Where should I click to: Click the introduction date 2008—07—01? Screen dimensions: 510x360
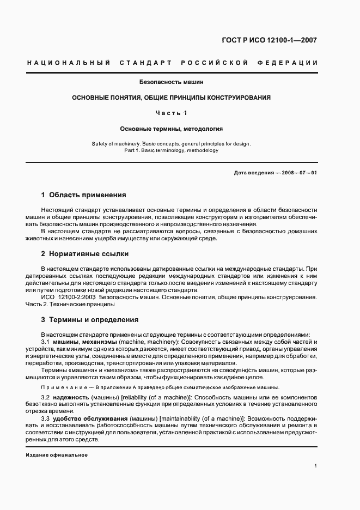(x=297, y=173)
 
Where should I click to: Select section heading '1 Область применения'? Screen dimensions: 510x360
(x=83, y=195)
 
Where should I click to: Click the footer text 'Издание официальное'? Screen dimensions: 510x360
(x=57, y=455)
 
